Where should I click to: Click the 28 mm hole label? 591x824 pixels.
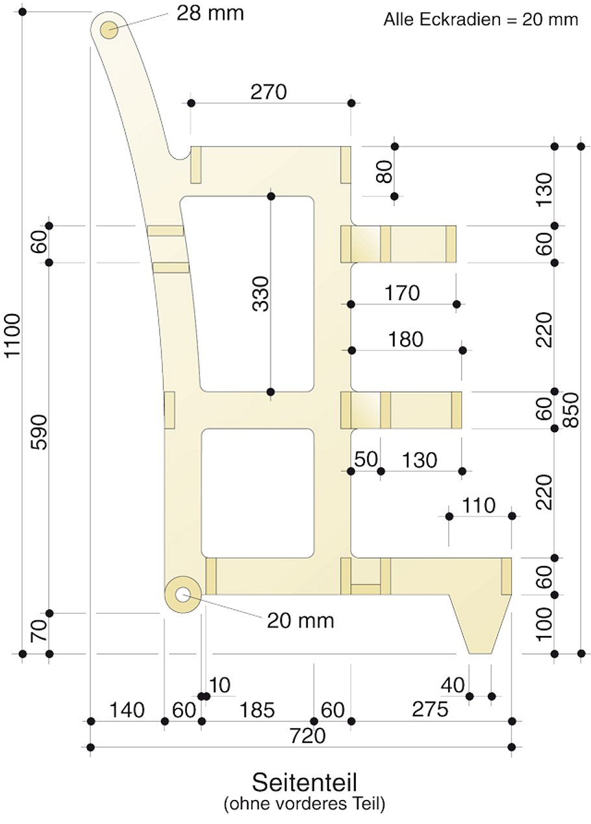point(210,14)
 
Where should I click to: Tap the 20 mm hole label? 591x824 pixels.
point(300,621)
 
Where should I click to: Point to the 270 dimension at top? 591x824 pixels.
point(268,93)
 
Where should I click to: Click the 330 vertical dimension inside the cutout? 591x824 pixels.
point(260,293)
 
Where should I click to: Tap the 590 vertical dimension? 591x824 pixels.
point(38,433)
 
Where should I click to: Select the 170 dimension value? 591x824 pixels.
point(402,294)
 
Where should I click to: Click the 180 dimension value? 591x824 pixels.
point(405,339)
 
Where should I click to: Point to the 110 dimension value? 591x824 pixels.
point(478,505)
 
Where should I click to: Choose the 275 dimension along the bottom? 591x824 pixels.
point(430,710)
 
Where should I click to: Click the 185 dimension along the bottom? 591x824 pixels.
point(257,710)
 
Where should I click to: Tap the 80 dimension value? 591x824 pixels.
point(385,173)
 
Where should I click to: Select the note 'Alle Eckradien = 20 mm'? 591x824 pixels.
point(481,19)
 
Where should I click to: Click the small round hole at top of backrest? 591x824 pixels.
point(108,29)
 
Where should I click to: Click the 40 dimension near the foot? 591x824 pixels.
point(452,685)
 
